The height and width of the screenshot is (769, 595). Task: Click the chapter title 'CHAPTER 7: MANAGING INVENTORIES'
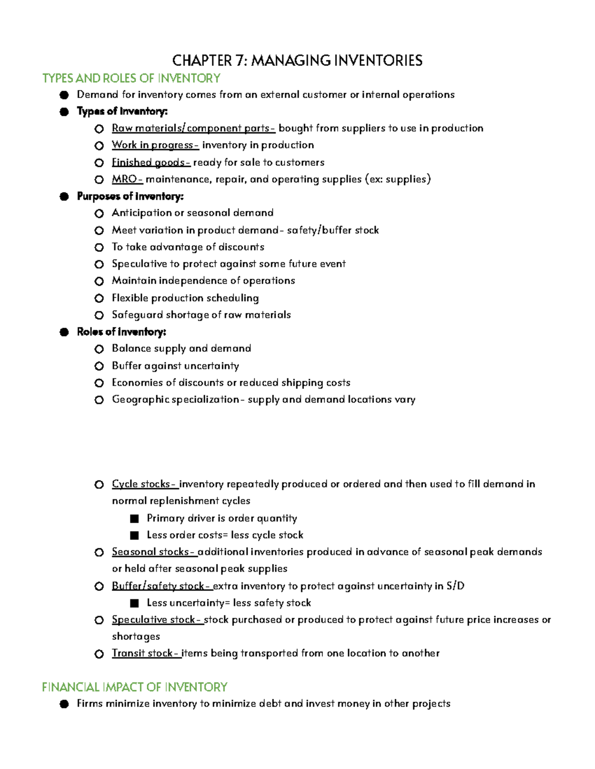(x=297, y=60)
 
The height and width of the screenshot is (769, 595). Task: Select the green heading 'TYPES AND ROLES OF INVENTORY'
(x=131, y=78)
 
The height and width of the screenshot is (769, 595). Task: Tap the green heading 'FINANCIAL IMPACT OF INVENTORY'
(x=134, y=687)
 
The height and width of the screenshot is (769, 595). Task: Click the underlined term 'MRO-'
(x=127, y=179)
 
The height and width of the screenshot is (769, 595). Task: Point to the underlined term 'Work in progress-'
(x=155, y=145)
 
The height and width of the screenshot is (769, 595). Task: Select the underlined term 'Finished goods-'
(x=151, y=162)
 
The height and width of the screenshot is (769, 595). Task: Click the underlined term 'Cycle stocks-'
(x=144, y=484)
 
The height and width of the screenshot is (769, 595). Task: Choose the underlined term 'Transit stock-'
(x=146, y=653)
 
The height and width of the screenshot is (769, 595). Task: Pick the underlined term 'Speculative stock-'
(x=157, y=619)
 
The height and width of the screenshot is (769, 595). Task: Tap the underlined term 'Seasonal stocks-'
(x=154, y=552)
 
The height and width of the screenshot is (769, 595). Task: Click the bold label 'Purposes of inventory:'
(x=130, y=196)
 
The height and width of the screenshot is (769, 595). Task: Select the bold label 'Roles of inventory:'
(x=121, y=332)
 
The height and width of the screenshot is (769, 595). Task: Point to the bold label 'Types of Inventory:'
(x=122, y=111)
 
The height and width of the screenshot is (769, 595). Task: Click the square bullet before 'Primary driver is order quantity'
(x=134, y=518)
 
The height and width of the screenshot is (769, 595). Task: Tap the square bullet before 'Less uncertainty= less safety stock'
(x=134, y=603)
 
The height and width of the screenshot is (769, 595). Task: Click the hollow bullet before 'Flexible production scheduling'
(x=99, y=298)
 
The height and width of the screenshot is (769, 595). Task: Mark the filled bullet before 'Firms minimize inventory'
(x=63, y=704)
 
